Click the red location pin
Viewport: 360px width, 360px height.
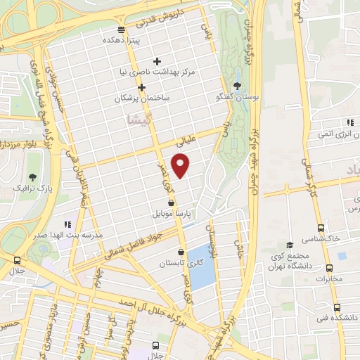181,165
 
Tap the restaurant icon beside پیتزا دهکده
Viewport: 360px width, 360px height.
122,29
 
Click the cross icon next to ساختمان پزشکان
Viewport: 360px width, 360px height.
142,88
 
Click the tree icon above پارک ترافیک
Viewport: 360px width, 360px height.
32,176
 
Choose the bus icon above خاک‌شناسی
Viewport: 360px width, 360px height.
321,228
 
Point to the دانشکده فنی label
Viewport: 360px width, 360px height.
337,318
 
